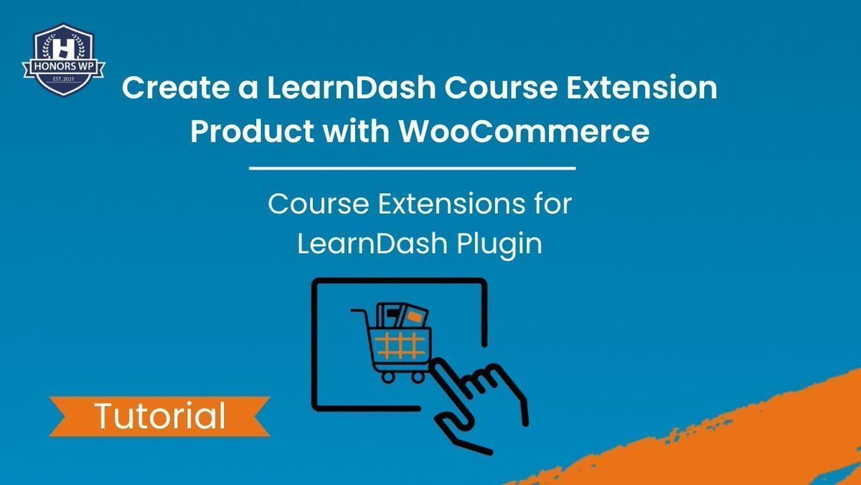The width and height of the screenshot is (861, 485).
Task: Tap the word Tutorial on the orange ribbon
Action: point(159,416)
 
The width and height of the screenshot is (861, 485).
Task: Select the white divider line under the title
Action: point(412,169)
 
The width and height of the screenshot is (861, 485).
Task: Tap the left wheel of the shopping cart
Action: point(388,376)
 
